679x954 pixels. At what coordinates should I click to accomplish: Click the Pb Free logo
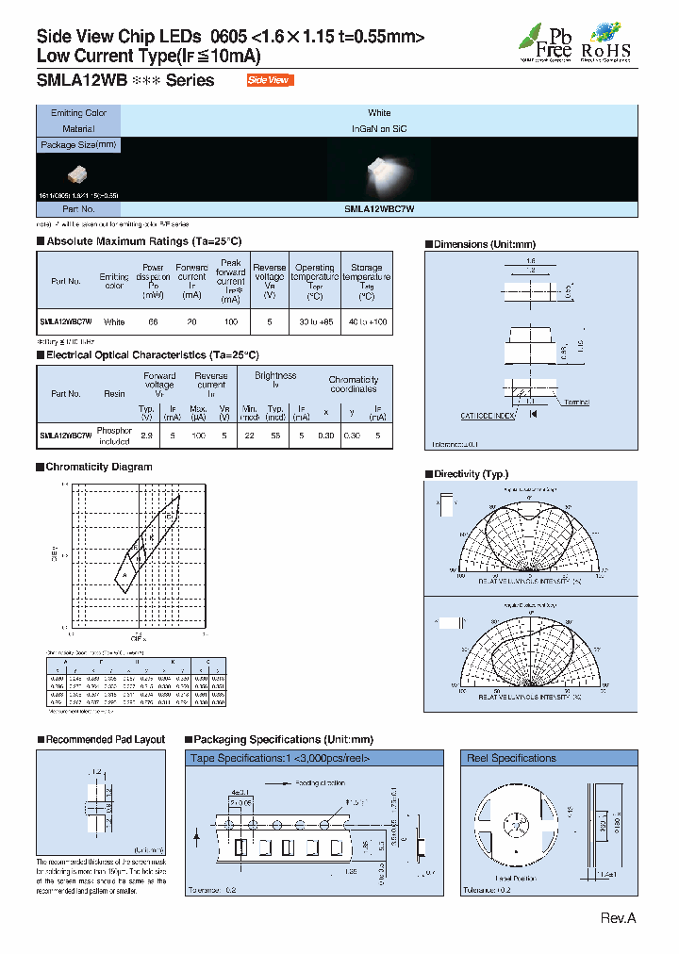pos(541,41)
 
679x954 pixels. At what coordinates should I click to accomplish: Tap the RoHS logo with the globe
pos(605,41)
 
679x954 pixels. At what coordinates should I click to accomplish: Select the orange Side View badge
pos(270,80)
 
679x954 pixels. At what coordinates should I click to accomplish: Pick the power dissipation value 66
pos(153,321)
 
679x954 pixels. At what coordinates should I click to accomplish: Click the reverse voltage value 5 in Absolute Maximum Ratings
pos(270,321)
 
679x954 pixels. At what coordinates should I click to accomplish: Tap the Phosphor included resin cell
pos(114,435)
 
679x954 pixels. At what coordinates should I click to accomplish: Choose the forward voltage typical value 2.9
pos(147,435)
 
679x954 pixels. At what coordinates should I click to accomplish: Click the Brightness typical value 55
pos(274,435)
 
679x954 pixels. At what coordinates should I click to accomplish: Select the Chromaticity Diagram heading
pos(98,467)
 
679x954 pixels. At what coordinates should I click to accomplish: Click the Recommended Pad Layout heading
pos(105,740)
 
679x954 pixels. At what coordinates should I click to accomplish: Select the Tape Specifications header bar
pos(314,758)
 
